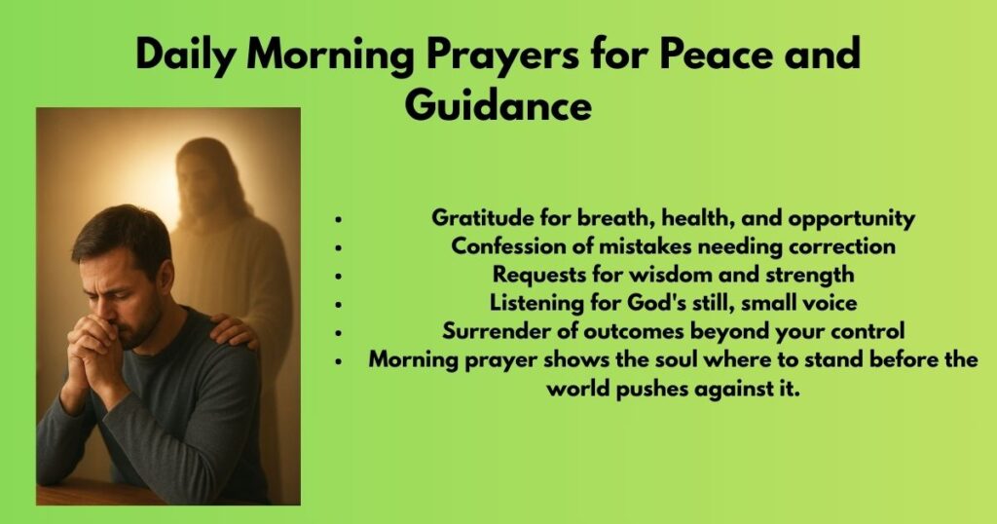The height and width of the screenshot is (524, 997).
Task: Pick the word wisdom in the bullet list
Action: point(663,275)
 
